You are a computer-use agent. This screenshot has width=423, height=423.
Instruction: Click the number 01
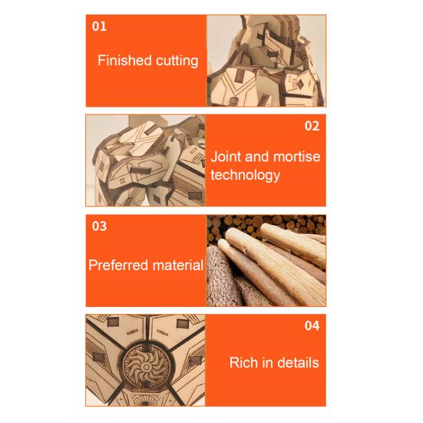click(x=100, y=26)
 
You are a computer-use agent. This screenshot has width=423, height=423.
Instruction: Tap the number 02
click(x=312, y=126)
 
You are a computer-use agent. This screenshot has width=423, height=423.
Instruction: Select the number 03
click(x=100, y=226)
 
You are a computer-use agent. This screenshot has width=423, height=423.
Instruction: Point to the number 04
click(x=312, y=326)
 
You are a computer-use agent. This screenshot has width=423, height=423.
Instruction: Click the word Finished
click(x=123, y=61)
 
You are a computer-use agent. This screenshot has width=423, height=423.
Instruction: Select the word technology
click(x=245, y=175)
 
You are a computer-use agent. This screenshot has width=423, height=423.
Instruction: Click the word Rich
click(x=244, y=362)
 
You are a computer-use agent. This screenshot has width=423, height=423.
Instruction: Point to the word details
click(x=298, y=362)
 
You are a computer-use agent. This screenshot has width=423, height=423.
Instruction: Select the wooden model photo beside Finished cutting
click(x=266, y=61)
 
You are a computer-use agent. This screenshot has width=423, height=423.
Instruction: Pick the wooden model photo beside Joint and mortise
click(x=145, y=160)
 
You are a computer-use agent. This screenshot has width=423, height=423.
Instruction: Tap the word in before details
click(x=268, y=362)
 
